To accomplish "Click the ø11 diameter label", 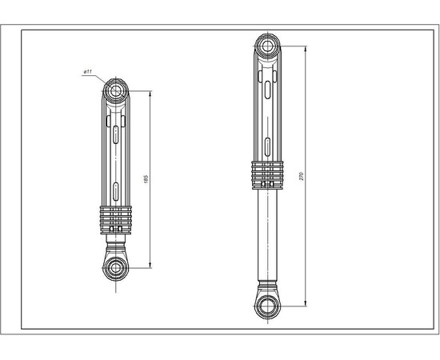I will coord(87,73).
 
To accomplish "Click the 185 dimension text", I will coord(146,178).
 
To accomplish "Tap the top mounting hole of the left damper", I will coord(117,89).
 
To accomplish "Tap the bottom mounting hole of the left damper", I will coord(117,267).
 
